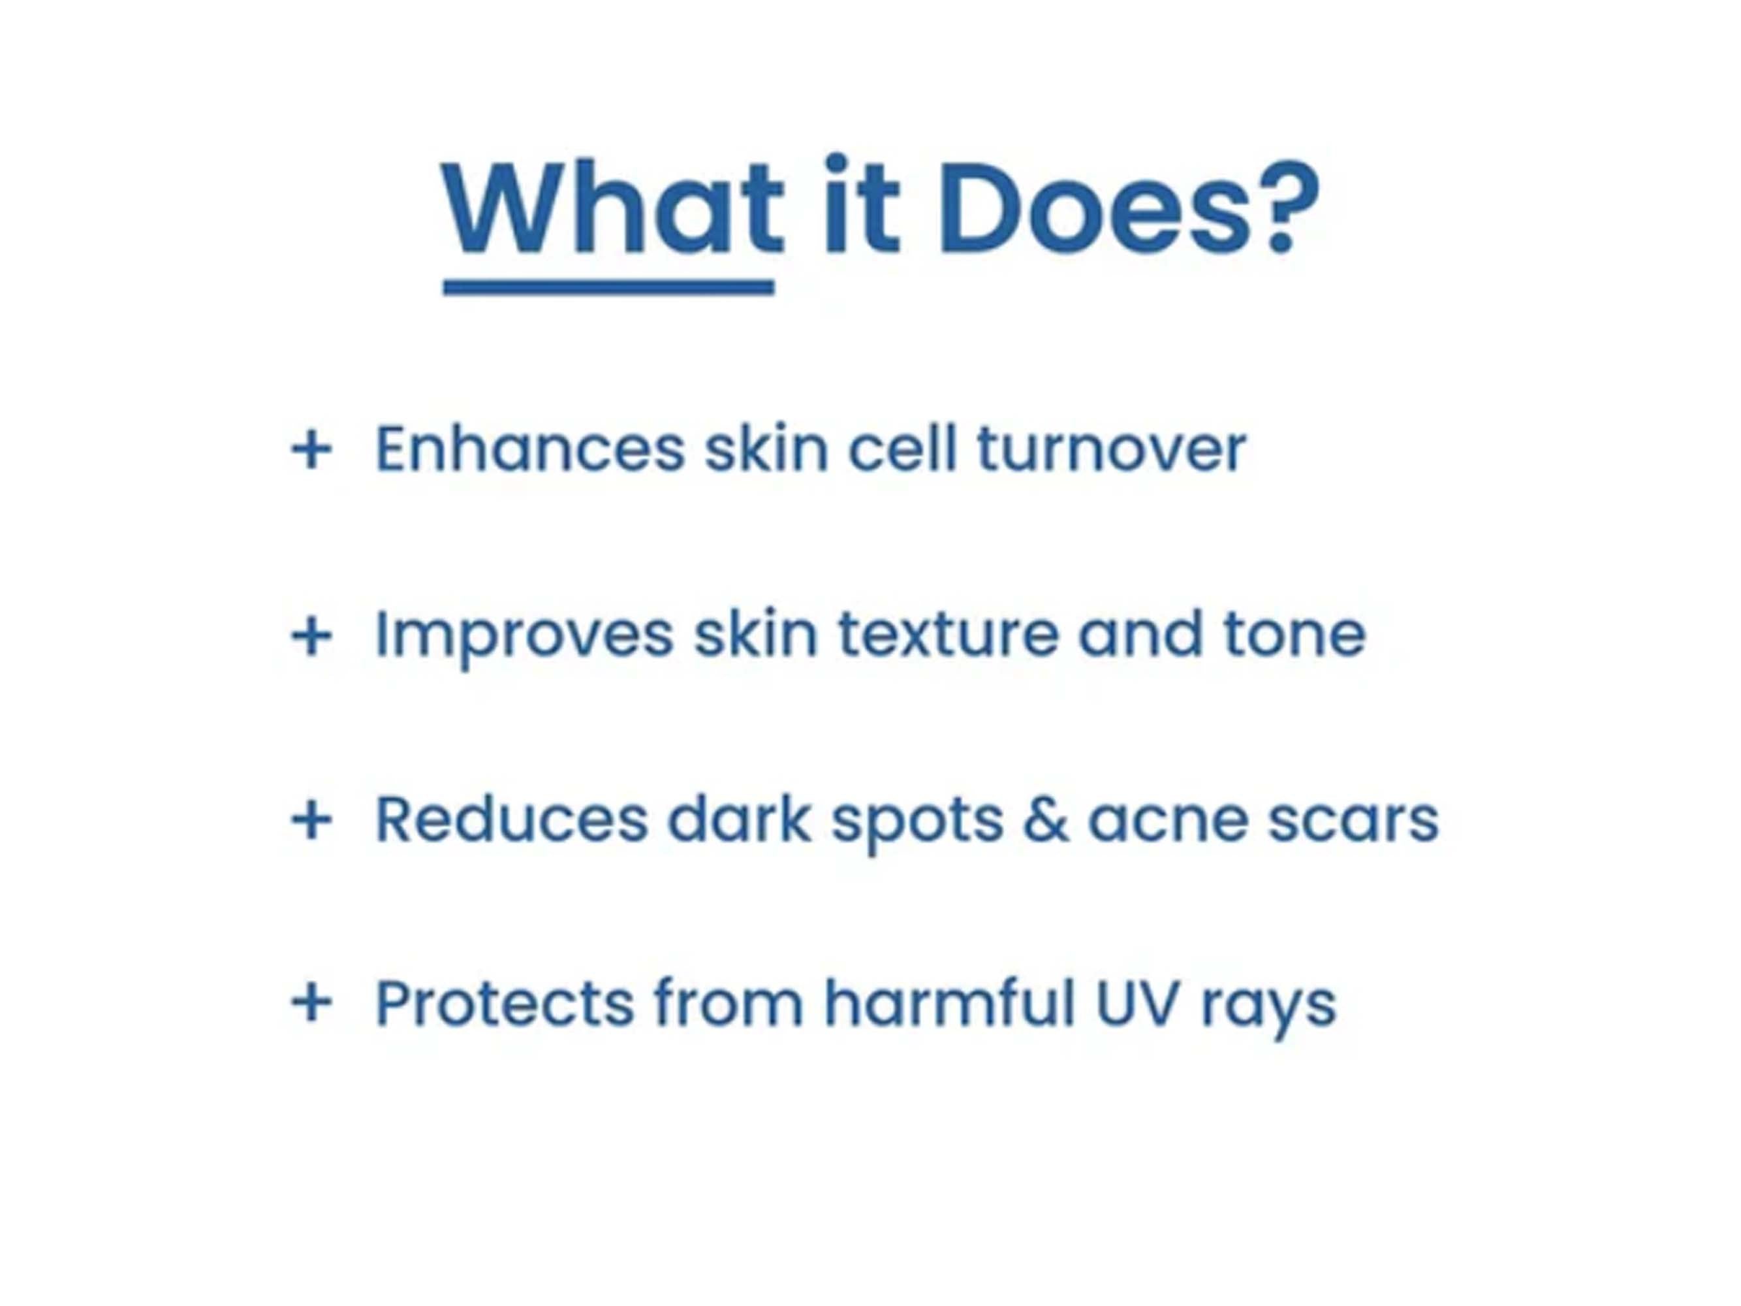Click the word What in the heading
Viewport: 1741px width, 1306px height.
tap(612, 208)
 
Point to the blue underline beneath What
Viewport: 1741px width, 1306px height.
tap(608, 287)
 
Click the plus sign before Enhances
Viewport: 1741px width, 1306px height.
tap(311, 451)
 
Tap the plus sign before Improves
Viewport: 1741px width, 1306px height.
tap(311, 635)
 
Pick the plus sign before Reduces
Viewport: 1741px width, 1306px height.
tap(311, 820)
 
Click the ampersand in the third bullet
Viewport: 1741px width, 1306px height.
tap(1046, 820)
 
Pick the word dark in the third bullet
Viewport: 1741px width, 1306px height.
tap(739, 820)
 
